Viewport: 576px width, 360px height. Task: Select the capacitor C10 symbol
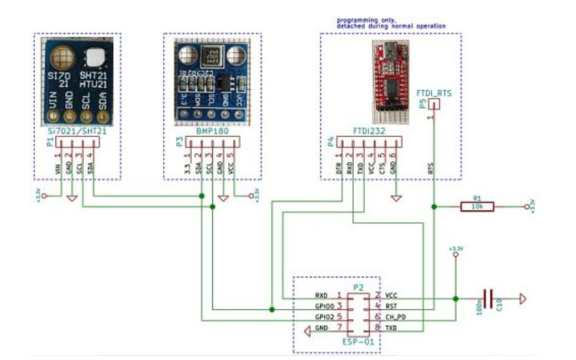pyautogui.click(x=488, y=298)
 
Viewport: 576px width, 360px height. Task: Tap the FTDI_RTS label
pyautogui.click(x=434, y=95)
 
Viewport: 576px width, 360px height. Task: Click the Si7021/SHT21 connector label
pyautogui.click(x=76, y=132)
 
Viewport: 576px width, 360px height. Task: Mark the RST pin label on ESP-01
pyautogui.click(x=391, y=306)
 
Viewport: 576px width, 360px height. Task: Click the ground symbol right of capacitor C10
pyautogui.click(x=524, y=298)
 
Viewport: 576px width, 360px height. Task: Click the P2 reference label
pyautogui.click(x=358, y=287)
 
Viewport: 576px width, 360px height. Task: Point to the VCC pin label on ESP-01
pyautogui.click(x=391, y=294)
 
